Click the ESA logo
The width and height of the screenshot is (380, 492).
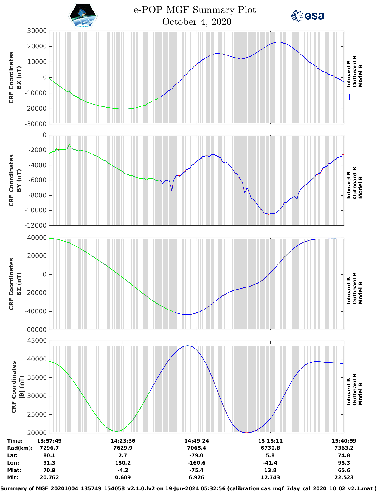308,16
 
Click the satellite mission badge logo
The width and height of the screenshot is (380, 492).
83,16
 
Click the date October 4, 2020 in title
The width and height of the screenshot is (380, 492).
197,22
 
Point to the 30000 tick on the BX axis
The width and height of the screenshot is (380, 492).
37,31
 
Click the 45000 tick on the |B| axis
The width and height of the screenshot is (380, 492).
37,341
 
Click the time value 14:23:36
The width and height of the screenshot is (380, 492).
123,441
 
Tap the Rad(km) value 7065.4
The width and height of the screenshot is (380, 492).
196,448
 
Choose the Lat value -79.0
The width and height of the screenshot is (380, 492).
196,455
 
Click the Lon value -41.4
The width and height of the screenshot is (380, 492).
270,463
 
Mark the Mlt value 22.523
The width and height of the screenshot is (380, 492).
344,477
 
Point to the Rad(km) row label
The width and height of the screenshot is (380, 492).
20,448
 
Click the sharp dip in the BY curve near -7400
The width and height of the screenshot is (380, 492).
172,190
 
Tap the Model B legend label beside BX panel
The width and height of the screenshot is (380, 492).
360,76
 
